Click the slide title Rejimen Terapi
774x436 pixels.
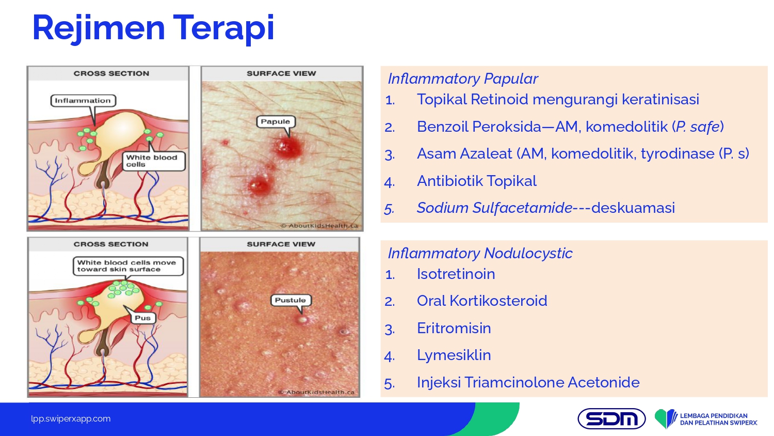(x=153, y=28)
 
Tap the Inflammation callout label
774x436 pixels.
(x=83, y=101)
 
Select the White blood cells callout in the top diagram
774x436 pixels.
(x=154, y=161)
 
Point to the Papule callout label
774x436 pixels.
(x=276, y=121)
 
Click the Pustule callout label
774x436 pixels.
(x=290, y=300)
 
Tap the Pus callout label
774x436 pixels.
(x=143, y=318)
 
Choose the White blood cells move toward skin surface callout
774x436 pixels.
(x=128, y=266)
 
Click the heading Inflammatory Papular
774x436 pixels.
(x=463, y=79)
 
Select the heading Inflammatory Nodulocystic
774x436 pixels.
(x=480, y=253)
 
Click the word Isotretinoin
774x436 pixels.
(x=456, y=274)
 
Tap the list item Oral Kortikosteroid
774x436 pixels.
(x=482, y=301)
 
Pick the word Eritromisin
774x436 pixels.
(x=454, y=328)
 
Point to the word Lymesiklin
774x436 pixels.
(x=454, y=355)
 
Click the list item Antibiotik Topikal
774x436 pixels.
(x=477, y=181)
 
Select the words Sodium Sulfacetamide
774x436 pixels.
(x=494, y=208)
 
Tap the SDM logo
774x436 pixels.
(x=611, y=419)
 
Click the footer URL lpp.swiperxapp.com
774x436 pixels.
(x=71, y=419)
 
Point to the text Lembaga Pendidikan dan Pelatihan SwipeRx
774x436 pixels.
(x=718, y=419)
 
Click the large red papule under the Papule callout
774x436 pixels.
(x=287, y=147)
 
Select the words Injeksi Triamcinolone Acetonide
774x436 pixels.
(x=528, y=382)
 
